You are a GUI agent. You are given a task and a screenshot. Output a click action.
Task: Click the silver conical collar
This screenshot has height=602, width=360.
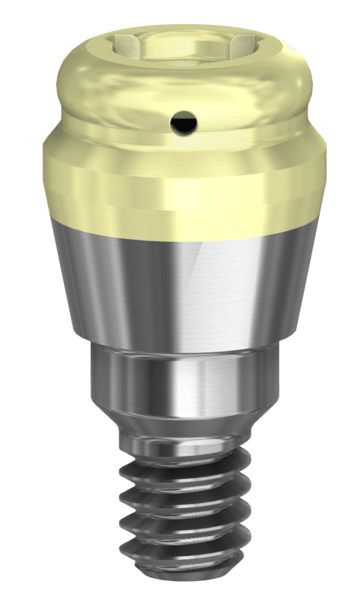point(150,281)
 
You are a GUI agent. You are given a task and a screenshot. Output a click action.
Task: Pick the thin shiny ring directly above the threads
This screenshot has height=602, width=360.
point(180,444)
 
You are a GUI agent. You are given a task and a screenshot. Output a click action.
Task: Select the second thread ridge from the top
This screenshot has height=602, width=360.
point(186,489)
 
